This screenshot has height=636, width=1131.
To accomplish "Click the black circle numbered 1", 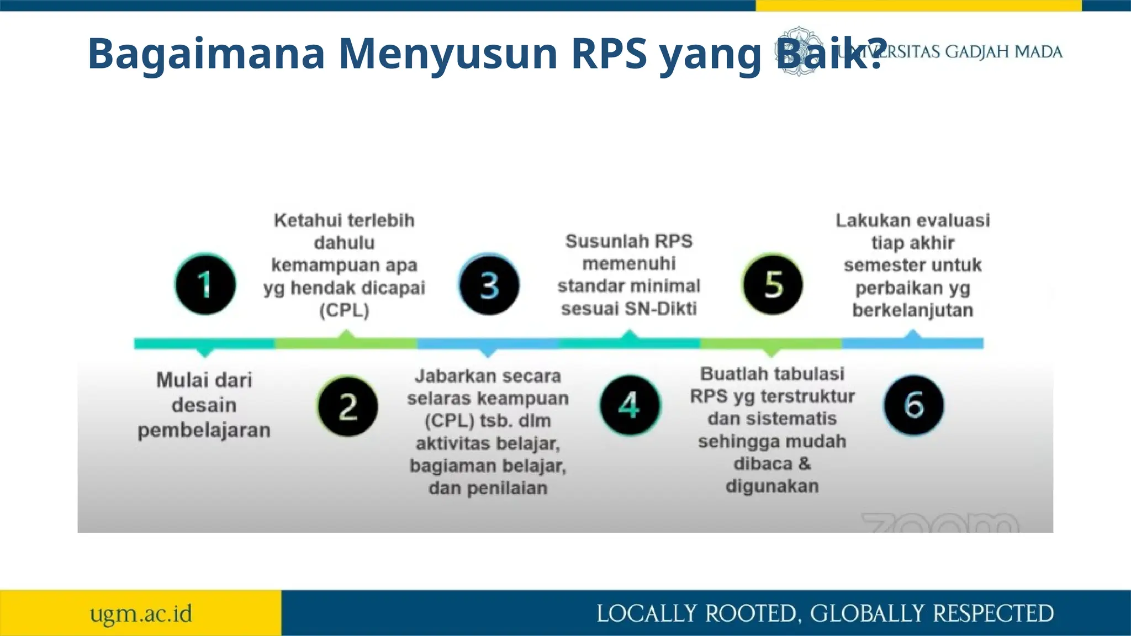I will point(205,284).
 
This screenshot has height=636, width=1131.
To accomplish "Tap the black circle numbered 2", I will point(347,406).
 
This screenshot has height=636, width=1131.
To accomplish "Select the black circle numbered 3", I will point(489,285).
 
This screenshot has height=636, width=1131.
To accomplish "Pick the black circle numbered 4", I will point(630,405).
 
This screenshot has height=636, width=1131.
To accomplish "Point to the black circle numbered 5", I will point(772,284).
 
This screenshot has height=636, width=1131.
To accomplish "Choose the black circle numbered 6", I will point(913,405).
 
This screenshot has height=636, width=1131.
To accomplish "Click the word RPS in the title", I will point(609,54).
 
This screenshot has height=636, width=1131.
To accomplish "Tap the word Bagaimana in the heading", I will point(206,54).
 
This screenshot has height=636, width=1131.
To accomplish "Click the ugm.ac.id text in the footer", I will point(141,614).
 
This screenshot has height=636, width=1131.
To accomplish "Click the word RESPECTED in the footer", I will point(993,614).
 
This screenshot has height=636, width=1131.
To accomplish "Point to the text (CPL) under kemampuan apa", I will point(344,310).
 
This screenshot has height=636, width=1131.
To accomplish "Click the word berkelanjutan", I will point(912,310).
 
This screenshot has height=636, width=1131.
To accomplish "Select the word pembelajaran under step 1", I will point(204,431).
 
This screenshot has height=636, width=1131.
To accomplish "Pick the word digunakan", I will point(772,486).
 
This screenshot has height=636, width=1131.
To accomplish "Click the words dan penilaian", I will point(488,489).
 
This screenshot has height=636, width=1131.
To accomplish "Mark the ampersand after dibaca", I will point(804,464).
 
